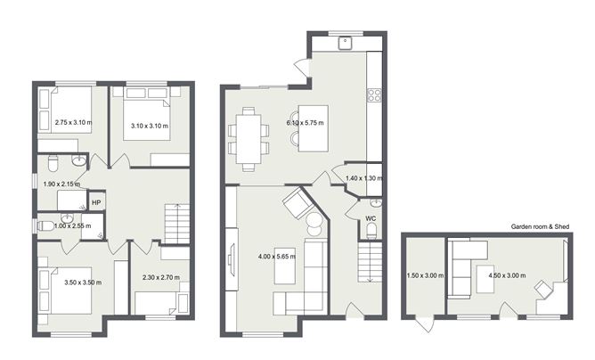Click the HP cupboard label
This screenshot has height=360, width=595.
(x=95, y=202)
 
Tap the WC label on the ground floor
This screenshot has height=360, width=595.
(x=371, y=217)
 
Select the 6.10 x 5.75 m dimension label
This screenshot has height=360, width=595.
(x=306, y=122)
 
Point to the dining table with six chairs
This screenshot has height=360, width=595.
(x=249, y=138)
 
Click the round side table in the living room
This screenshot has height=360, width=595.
(x=314, y=224)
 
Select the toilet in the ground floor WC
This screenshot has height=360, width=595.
(x=371, y=233)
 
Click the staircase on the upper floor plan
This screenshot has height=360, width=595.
(x=178, y=222)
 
